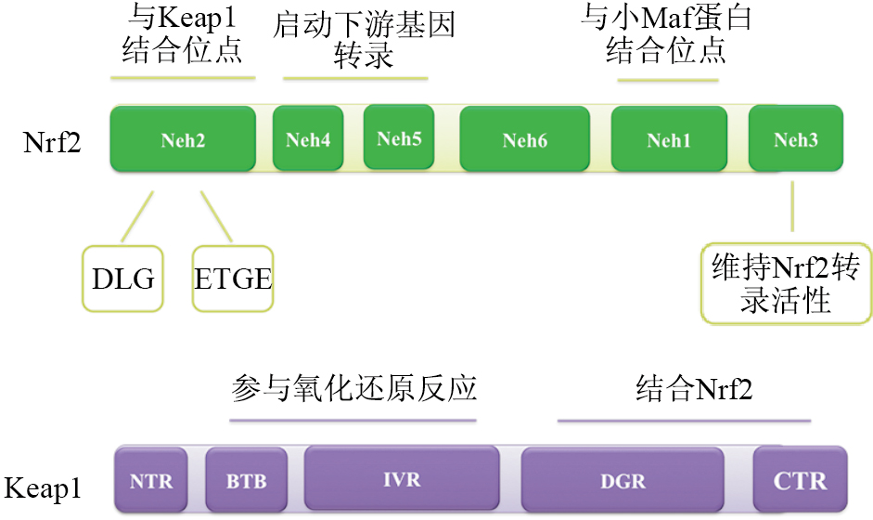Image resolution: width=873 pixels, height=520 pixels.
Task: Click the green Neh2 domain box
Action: tap(182, 139)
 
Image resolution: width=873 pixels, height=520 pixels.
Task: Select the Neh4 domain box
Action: tap(308, 140)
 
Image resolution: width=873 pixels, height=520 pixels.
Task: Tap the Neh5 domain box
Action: tap(399, 138)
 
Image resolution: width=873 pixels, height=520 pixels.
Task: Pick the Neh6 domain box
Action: tap(524, 140)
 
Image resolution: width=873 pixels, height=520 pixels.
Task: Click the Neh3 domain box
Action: tap(795, 139)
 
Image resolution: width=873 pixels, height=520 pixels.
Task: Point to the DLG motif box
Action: tap(123, 278)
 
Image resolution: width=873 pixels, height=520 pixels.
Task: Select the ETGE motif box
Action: tap(233, 278)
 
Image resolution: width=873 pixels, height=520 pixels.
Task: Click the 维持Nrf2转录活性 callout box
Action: tap(787, 285)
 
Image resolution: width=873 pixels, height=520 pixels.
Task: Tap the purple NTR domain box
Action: tap(151, 480)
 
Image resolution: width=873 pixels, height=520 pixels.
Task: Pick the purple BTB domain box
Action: tap(246, 480)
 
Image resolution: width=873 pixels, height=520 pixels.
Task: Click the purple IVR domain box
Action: tap(401, 479)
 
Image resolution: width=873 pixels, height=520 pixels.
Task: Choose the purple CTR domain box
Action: tap(800, 480)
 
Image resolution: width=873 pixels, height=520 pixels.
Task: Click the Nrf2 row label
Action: tap(52, 143)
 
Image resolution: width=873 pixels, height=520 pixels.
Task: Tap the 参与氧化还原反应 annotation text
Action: tap(353, 387)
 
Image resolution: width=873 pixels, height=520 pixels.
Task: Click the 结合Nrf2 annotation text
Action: tap(694, 387)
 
